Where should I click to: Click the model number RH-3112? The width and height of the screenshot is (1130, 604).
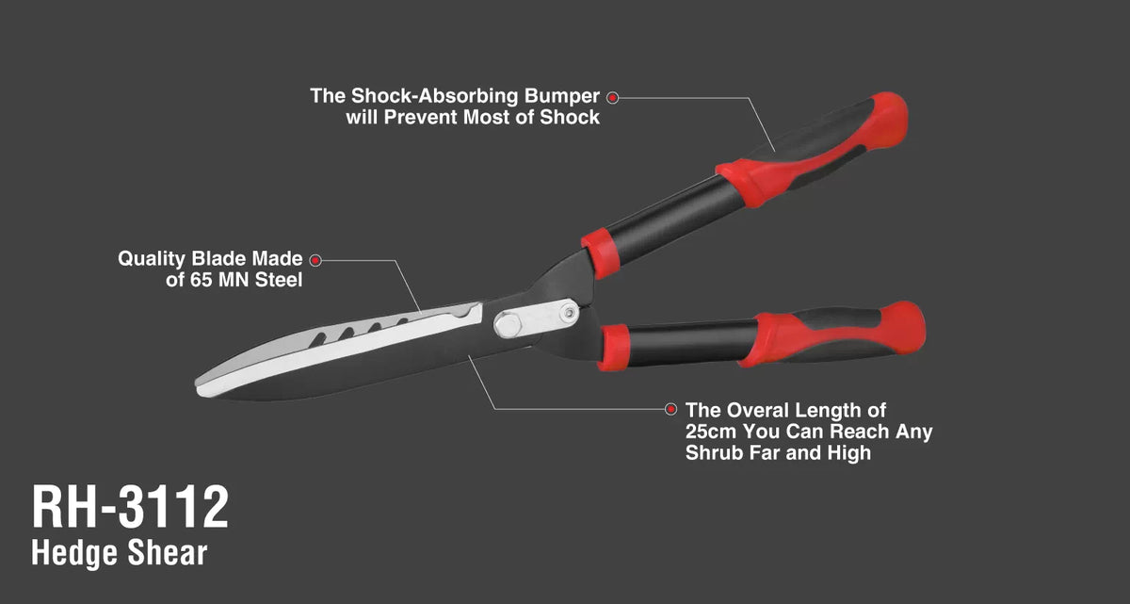coord(130,507)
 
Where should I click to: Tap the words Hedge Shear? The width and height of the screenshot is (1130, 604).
coord(119,553)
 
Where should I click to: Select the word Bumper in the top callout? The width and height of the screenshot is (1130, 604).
coord(562,96)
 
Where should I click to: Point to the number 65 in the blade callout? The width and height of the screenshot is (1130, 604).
coord(201,280)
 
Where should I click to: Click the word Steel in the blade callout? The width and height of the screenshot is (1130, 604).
coord(279,280)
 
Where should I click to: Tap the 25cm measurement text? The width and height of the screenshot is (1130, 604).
coord(710,432)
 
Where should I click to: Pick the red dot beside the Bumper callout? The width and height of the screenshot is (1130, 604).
coord(612,97)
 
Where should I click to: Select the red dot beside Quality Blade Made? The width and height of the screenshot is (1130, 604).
coord(315,260)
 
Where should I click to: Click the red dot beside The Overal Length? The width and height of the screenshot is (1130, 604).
coord(670,409)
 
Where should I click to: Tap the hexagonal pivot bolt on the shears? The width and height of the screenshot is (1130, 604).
coord(508,325)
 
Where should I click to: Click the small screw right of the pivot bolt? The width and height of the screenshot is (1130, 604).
coord(570,313)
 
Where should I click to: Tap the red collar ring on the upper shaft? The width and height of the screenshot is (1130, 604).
coord(601,253)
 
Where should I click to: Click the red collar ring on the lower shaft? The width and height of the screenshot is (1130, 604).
coord(614,348)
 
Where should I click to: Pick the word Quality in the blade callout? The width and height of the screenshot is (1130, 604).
coord(152,259)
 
